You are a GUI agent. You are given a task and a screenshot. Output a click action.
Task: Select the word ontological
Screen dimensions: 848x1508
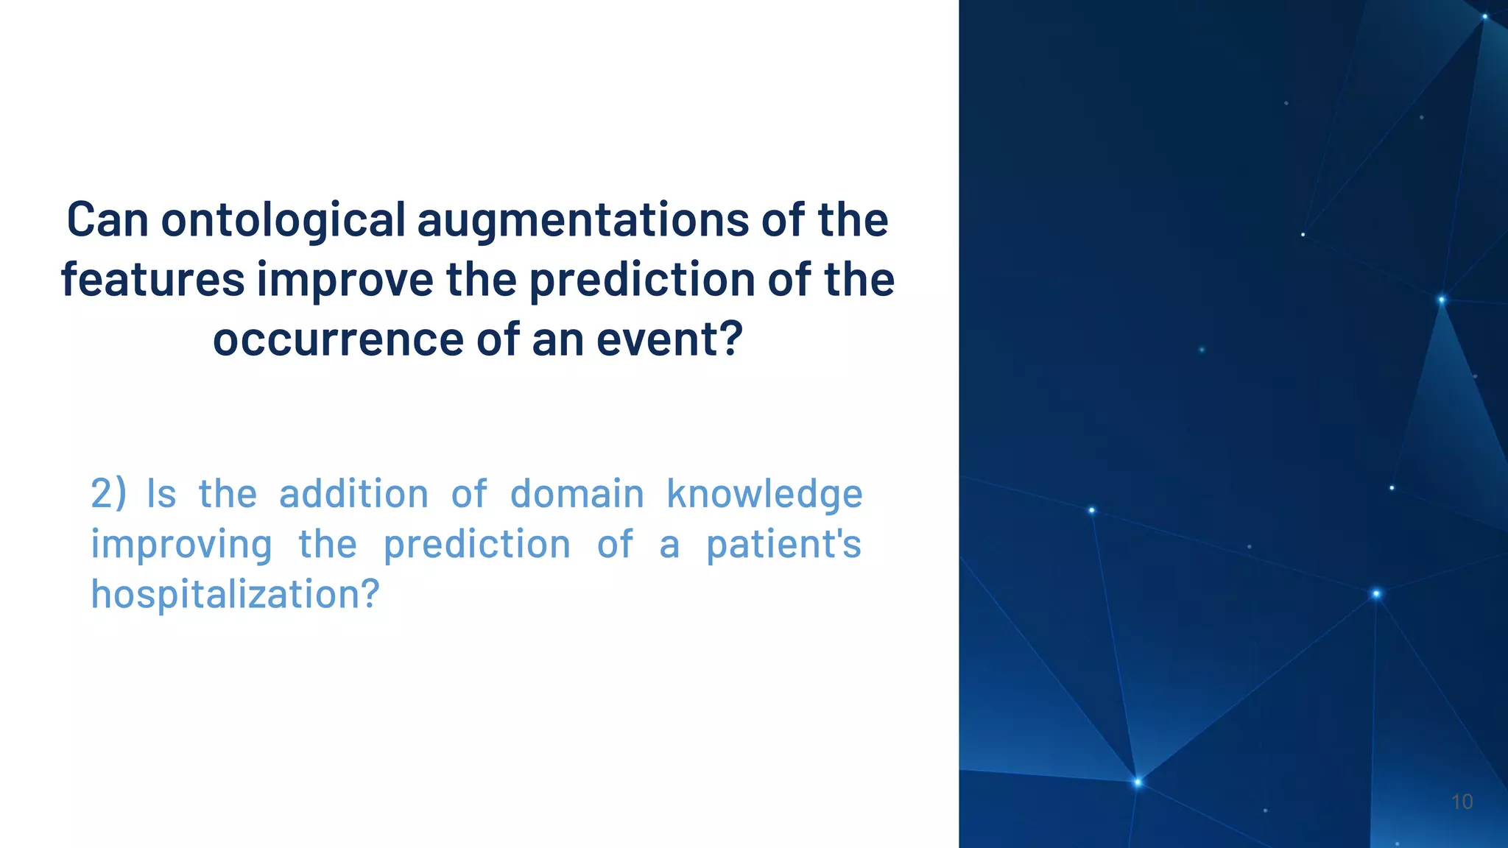tap(283, 220)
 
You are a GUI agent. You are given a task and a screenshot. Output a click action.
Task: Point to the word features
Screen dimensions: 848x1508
tap(152, 280)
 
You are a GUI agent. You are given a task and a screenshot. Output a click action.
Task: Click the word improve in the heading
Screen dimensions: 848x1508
tap(345, 280)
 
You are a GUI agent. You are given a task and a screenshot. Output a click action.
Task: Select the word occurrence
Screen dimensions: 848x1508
tap(339, 339)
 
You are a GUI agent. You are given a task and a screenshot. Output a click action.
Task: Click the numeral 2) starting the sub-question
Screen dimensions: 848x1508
tap(108, 494)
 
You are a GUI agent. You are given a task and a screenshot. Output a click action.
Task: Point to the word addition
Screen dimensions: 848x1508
tap(353, 494)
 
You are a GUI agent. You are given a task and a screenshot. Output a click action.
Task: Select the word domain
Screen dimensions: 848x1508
tap(577, 494)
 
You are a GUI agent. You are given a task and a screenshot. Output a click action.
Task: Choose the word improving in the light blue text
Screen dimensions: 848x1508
tap(181, 545)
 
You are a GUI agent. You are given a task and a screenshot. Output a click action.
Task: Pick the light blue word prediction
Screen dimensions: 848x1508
tap(477, 545)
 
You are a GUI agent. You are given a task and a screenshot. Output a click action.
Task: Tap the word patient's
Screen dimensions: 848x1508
tap(783, 545)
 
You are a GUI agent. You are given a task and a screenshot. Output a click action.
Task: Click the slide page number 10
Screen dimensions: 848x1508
tap(1462, 802)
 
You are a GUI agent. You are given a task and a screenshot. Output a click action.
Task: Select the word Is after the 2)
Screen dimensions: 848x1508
tap(161, 494)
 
